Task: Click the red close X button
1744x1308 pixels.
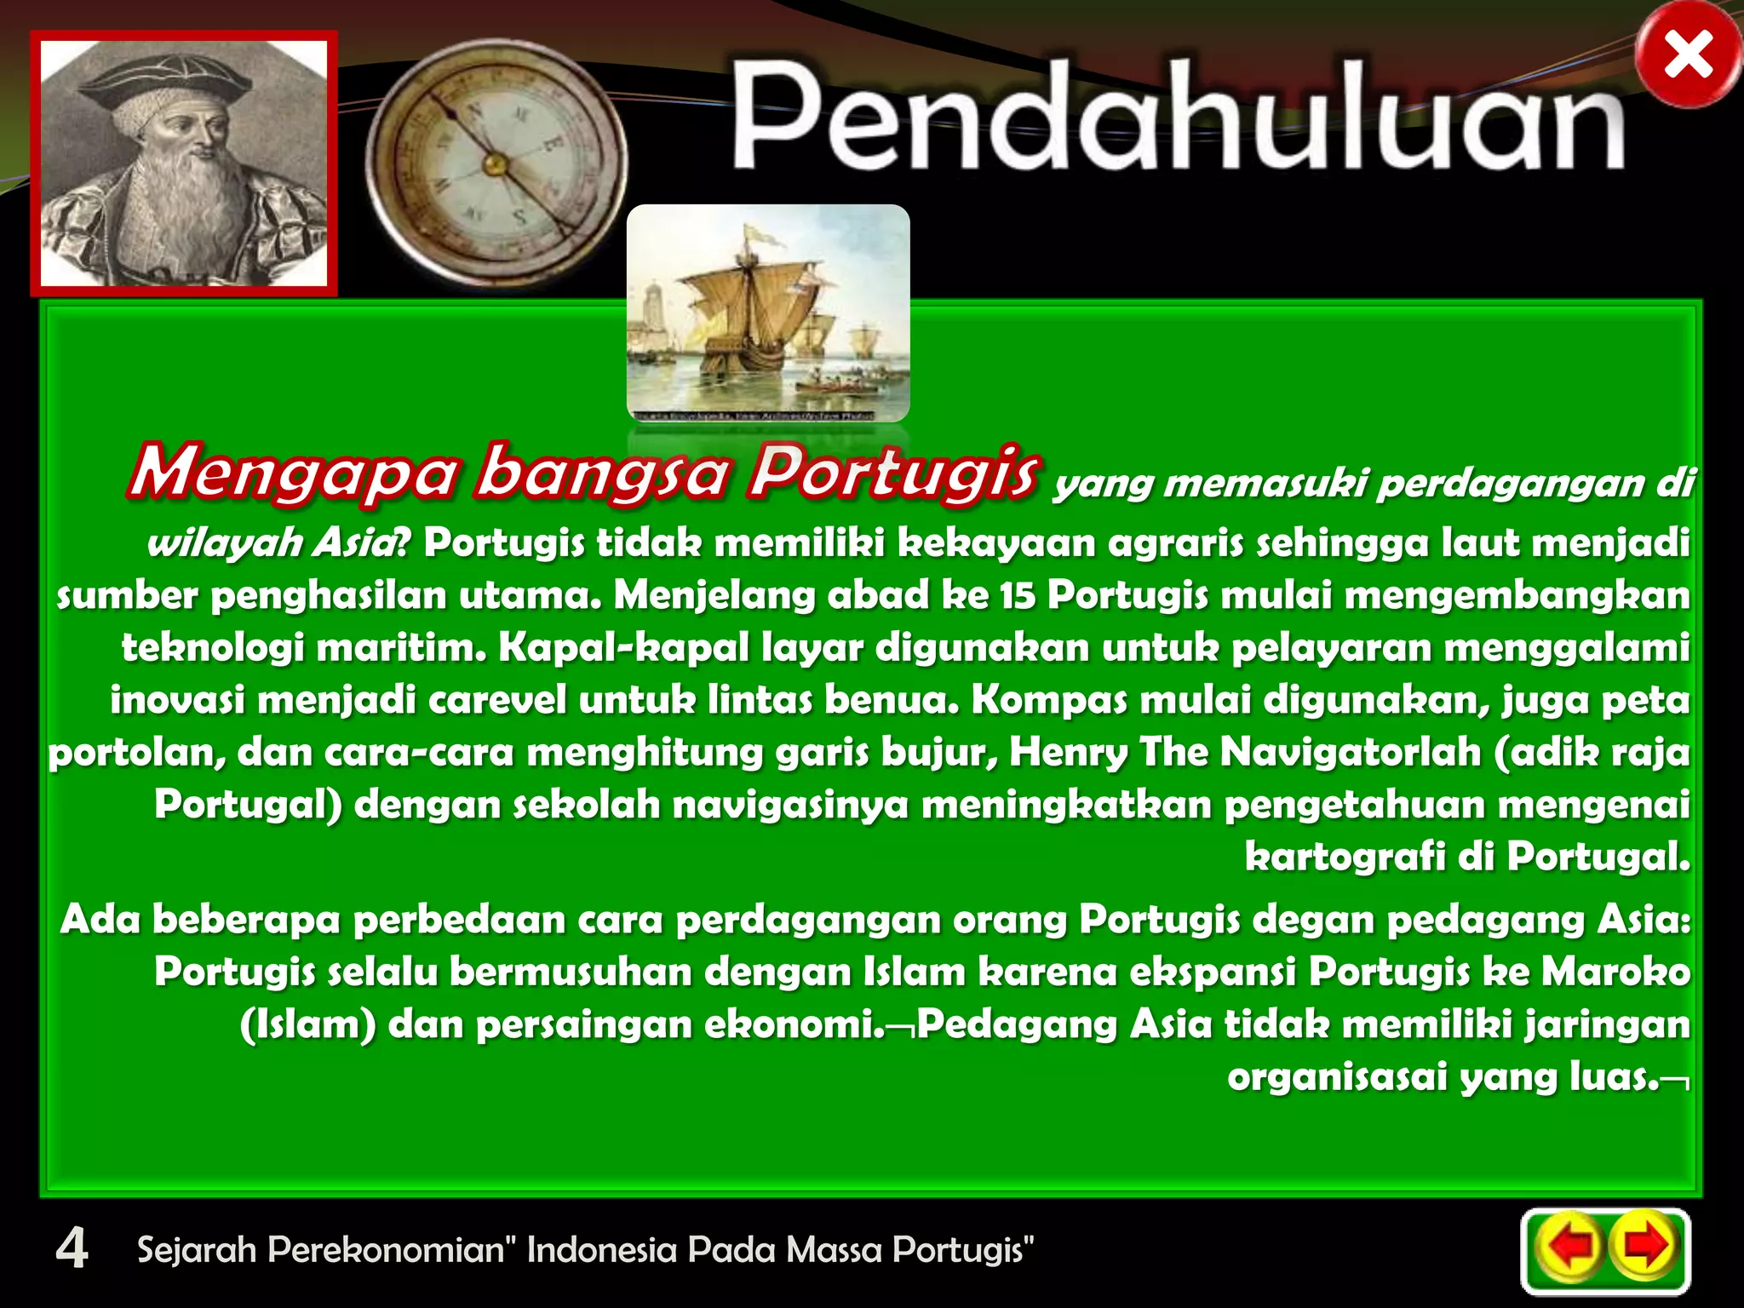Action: [1688, 57]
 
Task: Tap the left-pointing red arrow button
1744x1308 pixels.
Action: [1569, 1248]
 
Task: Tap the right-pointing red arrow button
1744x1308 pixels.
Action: [1644, 1248]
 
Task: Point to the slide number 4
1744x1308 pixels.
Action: [72, 1249]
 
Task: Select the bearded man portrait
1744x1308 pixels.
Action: [184, 163]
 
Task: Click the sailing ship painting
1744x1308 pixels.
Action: [768, 313]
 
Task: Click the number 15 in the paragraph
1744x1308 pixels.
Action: [1017, 595]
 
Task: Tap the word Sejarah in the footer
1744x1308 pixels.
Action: [197, 1249]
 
